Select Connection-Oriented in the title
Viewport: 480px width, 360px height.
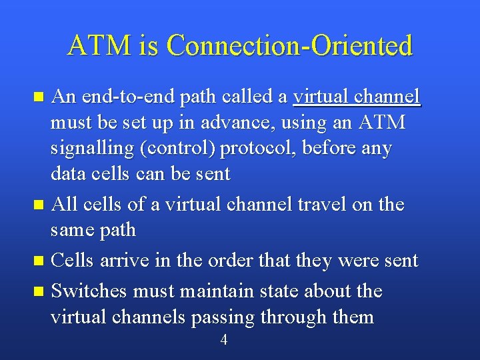289,45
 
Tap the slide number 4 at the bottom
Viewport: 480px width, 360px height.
223,340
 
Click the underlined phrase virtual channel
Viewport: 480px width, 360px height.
357,97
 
